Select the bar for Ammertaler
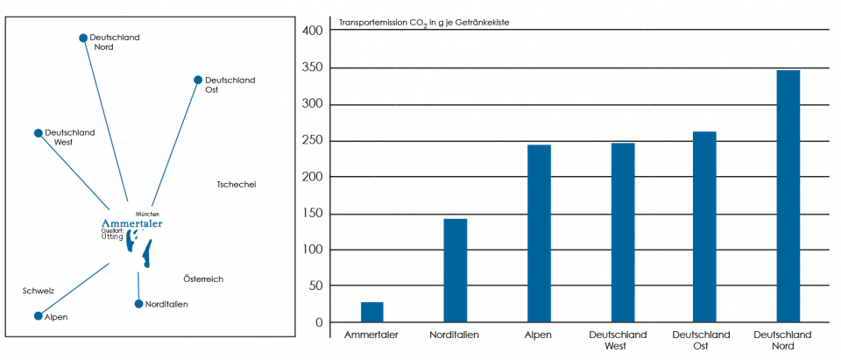coord(372,313)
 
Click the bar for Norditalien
coord(456,271)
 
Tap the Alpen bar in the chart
coord(539,234)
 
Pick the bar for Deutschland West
coord(623,233)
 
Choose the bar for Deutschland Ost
coord(705,227)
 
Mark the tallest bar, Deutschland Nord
coord(788,196)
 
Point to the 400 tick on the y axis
coord(313,31)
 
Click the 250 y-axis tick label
coord(313,140)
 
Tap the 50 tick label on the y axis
coord(315,286)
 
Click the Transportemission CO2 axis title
coord(424,22)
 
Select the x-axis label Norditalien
coord(455,335)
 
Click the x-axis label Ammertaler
coord(371,335)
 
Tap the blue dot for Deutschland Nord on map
coord(83,38)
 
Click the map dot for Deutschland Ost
coord(198,80)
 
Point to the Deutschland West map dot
coord(38,133)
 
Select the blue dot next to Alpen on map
coord(38,316)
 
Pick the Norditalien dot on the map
coord(138,304)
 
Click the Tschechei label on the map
coord(236,184)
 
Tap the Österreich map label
coord(203,279)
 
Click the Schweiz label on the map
coord(39,290)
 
